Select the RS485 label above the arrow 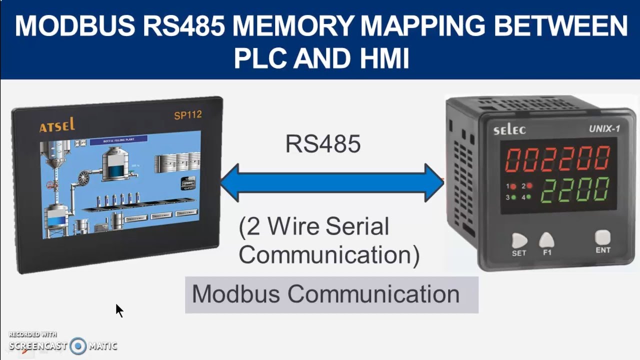point(322,144)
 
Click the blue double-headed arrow point(332,182)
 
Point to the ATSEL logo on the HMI point(57,125)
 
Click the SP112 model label point(187,115)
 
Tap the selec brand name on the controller point(509,130)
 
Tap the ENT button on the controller point(603,237)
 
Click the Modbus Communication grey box point(331,294)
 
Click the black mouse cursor point(119,310)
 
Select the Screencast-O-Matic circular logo point(78,346)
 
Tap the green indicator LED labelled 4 point(528,197)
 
